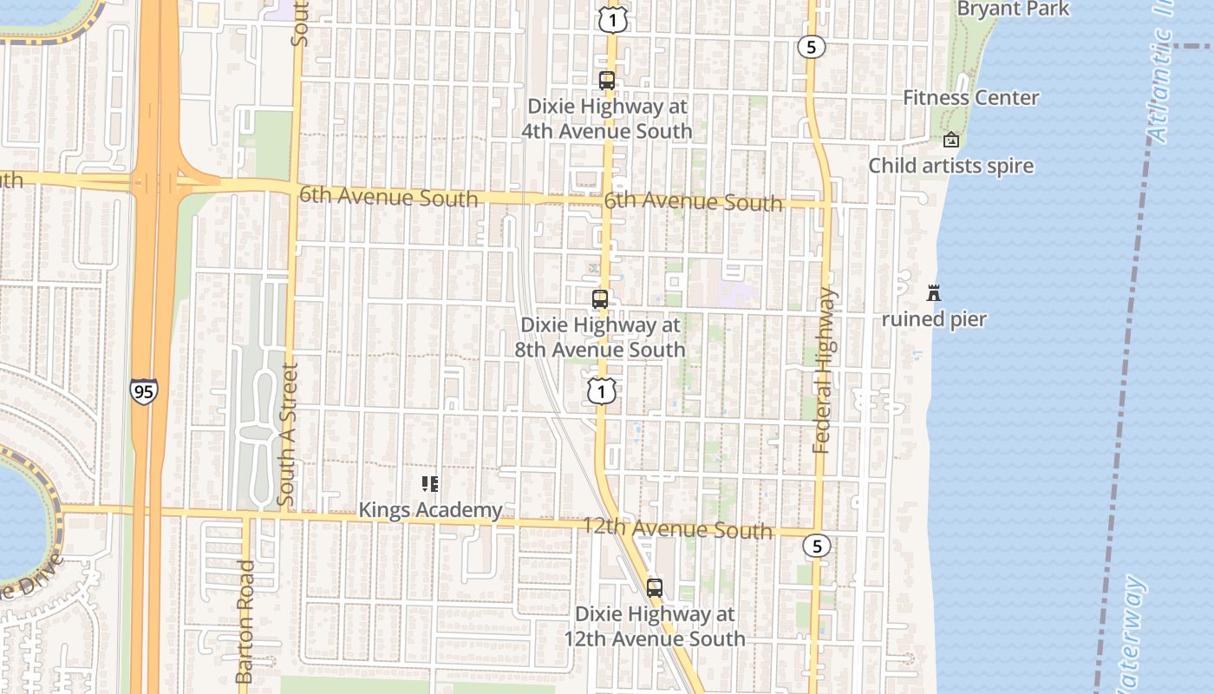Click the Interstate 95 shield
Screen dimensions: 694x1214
tap(144, 390)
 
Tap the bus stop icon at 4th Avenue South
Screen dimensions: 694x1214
tap(607, 80)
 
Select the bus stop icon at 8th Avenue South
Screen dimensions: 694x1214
tap(599, 299)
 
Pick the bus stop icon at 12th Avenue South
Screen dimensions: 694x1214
tap(655, 587)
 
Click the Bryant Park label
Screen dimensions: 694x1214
tap(1014, 10)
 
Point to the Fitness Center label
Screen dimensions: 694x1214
tap(970, 97)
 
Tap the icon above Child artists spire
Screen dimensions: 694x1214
tap(951, 139)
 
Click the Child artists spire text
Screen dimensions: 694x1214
tap(951, 166)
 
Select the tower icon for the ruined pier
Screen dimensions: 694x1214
tap(934, 292)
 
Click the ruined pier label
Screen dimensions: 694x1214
tap(934, 319)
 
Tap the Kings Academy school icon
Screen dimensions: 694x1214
tap(430, 484)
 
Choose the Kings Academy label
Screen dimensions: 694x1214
tap(430, 510)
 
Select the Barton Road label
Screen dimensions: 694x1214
tap(245, 620)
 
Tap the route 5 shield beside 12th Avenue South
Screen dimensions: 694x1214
tap(816, 546)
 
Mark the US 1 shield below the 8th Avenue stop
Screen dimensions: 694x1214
tap(601, 391)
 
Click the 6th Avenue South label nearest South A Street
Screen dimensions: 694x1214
tap(388, 196)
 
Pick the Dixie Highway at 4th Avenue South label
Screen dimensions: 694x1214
tap(607, 119)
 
